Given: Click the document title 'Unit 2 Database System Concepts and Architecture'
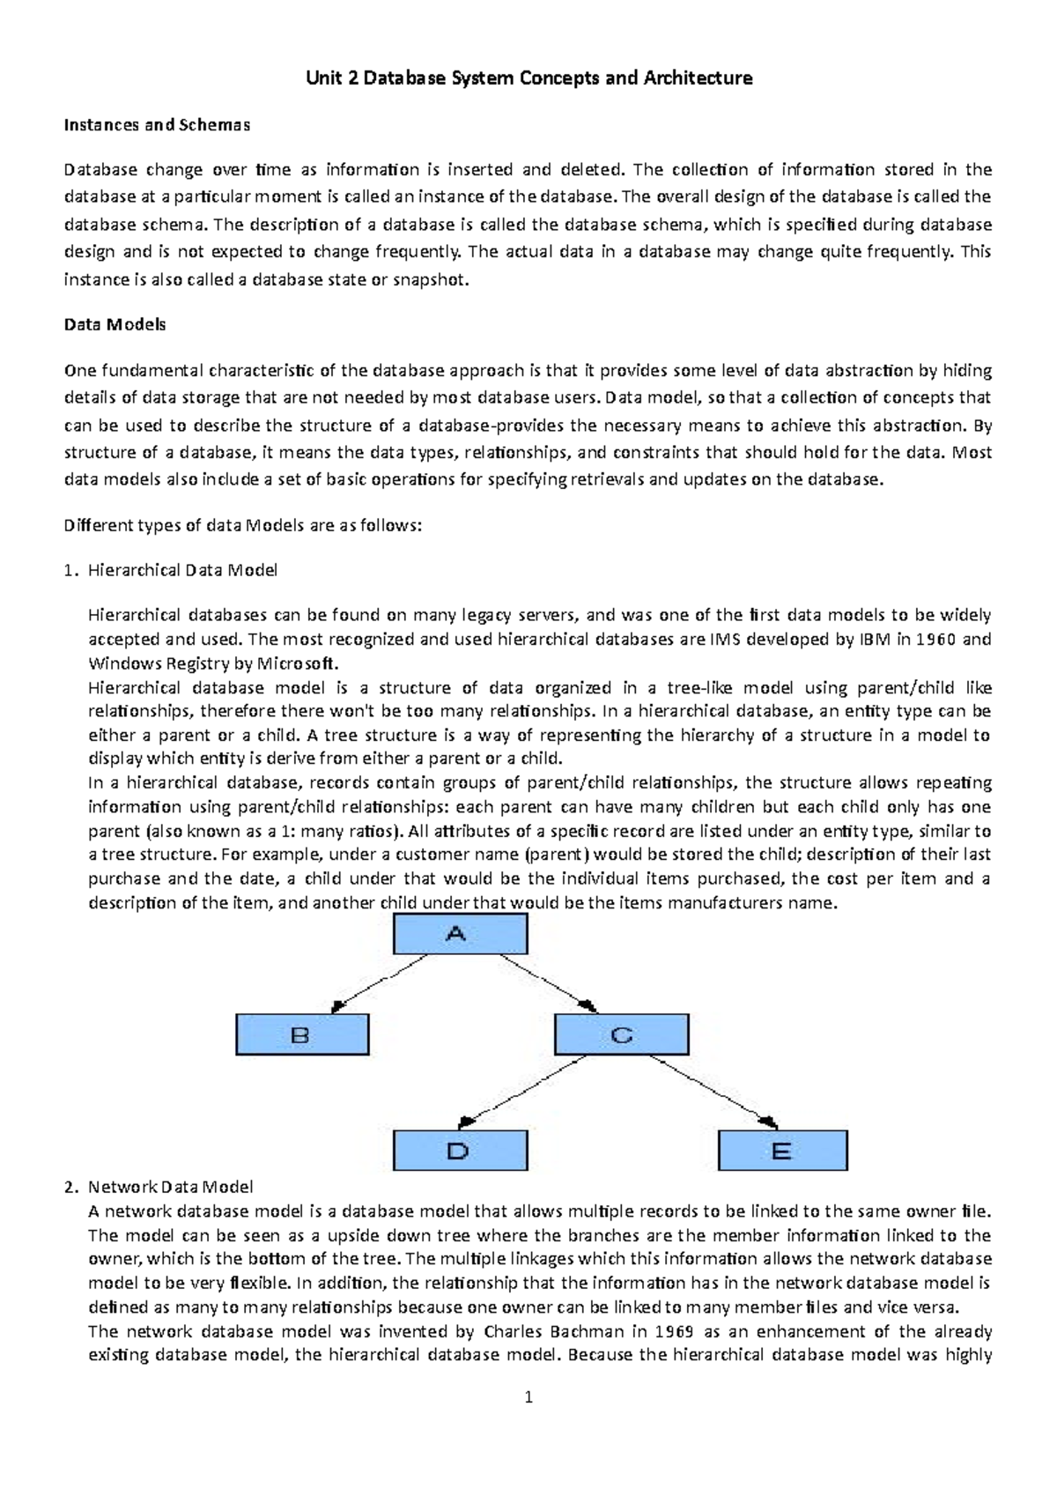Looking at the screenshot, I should pyautogui.click(x=528, y=78).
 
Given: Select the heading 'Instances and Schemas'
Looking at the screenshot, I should pyautogui.click(x=157, y=125).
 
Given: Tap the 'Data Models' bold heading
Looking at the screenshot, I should pyautogui.click(x=115, y=324).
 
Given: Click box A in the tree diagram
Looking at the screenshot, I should pyautogui.click(x=460, y=934).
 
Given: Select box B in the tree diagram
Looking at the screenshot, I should pyautogui.click(x=302, y=1034).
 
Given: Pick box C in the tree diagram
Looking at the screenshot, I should pyautogui.click(x=621, y=1034).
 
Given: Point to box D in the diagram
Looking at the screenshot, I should pyautogui.click(x=460, y=1151).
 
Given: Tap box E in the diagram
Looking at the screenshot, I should pyautogui.click(x=782, y=1151).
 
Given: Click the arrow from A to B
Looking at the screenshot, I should pyautogui.click(x=379, y=984).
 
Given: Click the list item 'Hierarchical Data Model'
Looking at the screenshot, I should pyautogui.click(x=182, y=570).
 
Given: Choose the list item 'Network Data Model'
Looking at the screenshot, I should pyautogui.click(x=170, y=1188).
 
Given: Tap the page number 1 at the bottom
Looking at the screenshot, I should pyautogui.click(x=528, y=1396).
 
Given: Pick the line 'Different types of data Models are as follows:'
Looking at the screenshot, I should pyautogui.click(x=243, y=526).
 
